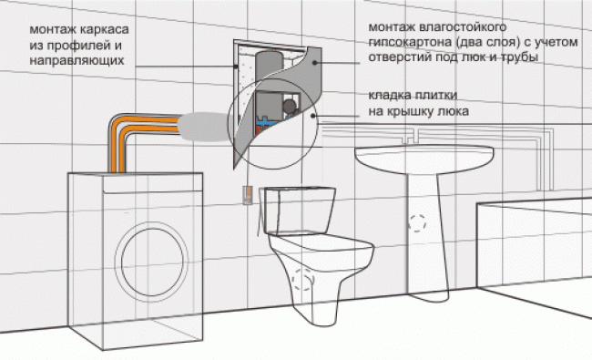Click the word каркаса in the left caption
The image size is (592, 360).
[105, 30]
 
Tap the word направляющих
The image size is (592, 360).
[77, 61]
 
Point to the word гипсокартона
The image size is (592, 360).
[410, 43]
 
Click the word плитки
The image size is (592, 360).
[435, 95]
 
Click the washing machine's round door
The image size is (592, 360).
[152, 262]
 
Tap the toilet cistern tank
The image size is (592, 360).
[300, 210]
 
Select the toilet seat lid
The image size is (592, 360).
[321, 245]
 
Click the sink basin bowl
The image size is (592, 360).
[424, 159]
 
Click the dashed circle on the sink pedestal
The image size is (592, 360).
[417, 223]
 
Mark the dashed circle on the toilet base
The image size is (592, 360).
[302, 279]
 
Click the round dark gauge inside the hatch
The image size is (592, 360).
[290, 106]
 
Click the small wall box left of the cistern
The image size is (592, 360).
[248, 195]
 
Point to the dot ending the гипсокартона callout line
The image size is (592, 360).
[314, 63]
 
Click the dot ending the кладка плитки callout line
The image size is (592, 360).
[313, 116]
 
